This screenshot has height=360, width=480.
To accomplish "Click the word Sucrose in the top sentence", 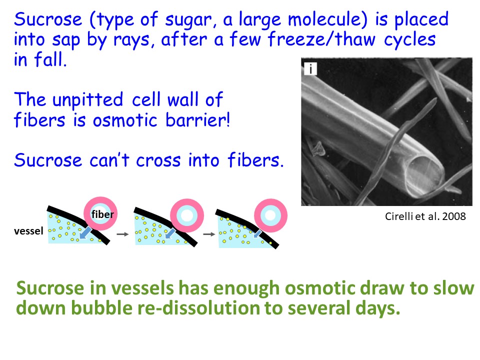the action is point(48,19).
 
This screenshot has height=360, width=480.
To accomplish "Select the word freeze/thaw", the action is point(321,39).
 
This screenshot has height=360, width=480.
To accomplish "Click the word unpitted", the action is point(88,100).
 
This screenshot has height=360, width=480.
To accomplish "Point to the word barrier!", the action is point(198,119).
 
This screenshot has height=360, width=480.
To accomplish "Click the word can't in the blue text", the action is point(109,160).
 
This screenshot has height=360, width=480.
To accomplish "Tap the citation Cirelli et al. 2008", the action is point(425,216).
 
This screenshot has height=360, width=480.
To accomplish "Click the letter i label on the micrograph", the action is point(310,69).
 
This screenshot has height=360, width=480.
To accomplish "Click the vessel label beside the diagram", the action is point(28,231).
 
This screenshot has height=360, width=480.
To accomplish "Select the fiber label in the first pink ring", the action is point(102,214).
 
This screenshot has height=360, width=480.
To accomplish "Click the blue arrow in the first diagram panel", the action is point(85,232).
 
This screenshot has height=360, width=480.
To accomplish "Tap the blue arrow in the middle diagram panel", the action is point(170,234).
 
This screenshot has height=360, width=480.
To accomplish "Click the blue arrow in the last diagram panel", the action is point(257,233).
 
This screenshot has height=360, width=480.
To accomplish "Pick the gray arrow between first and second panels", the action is point(123,234).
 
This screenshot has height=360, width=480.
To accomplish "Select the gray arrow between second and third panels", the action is point(209,234).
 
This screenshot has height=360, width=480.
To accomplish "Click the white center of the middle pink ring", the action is point(186,215).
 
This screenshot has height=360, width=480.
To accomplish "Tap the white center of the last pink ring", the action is point(270,215).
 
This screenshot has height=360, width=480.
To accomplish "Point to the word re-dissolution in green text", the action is point(199,308).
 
